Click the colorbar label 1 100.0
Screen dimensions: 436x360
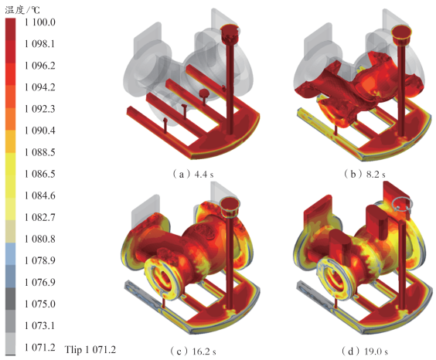(40, 22)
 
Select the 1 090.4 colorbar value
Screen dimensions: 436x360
(40, 131)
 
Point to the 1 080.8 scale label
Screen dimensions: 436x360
(40, 239)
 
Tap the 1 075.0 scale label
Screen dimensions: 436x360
(40, 304)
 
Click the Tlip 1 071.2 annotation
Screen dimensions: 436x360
(90, 349)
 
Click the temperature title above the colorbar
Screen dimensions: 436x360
(22, 10)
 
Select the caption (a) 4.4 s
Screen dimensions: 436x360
(193, 175)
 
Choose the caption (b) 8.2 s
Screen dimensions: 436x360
(365, 175)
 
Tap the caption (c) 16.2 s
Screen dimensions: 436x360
(193, 352)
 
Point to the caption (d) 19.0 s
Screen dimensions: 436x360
(365, 352)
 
